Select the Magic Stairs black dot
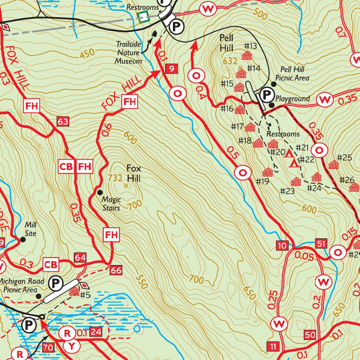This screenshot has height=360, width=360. pyautogui.click(x=99, y=192)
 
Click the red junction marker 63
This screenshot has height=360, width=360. pyautogui.click(x=63, y=122)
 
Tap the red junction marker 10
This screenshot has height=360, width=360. pyautogui.click(x=282, y=245)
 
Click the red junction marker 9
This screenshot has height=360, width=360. pyautogui.click(x=171, y=69)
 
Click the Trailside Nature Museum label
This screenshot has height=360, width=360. pyautogui.click(x=129, y=52)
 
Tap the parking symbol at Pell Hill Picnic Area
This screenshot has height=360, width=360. pyautogui.click(x=267, y=94)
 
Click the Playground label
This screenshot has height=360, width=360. pyautogui.click(x=292, y=99)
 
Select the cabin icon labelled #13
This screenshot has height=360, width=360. pyautogui.click(x=247, y=56)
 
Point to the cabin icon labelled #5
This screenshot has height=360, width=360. pyautogui.click(x=74, y=291)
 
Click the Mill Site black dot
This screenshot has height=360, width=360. pyautogui.click(x=23, y=239)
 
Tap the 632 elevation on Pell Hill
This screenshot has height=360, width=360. pyautogui.click(x=230, y=61)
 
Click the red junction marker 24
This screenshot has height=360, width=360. pyautogui.click(x=96, y=331)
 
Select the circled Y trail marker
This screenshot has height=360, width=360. pyautogui.click(x=72, y=346)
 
